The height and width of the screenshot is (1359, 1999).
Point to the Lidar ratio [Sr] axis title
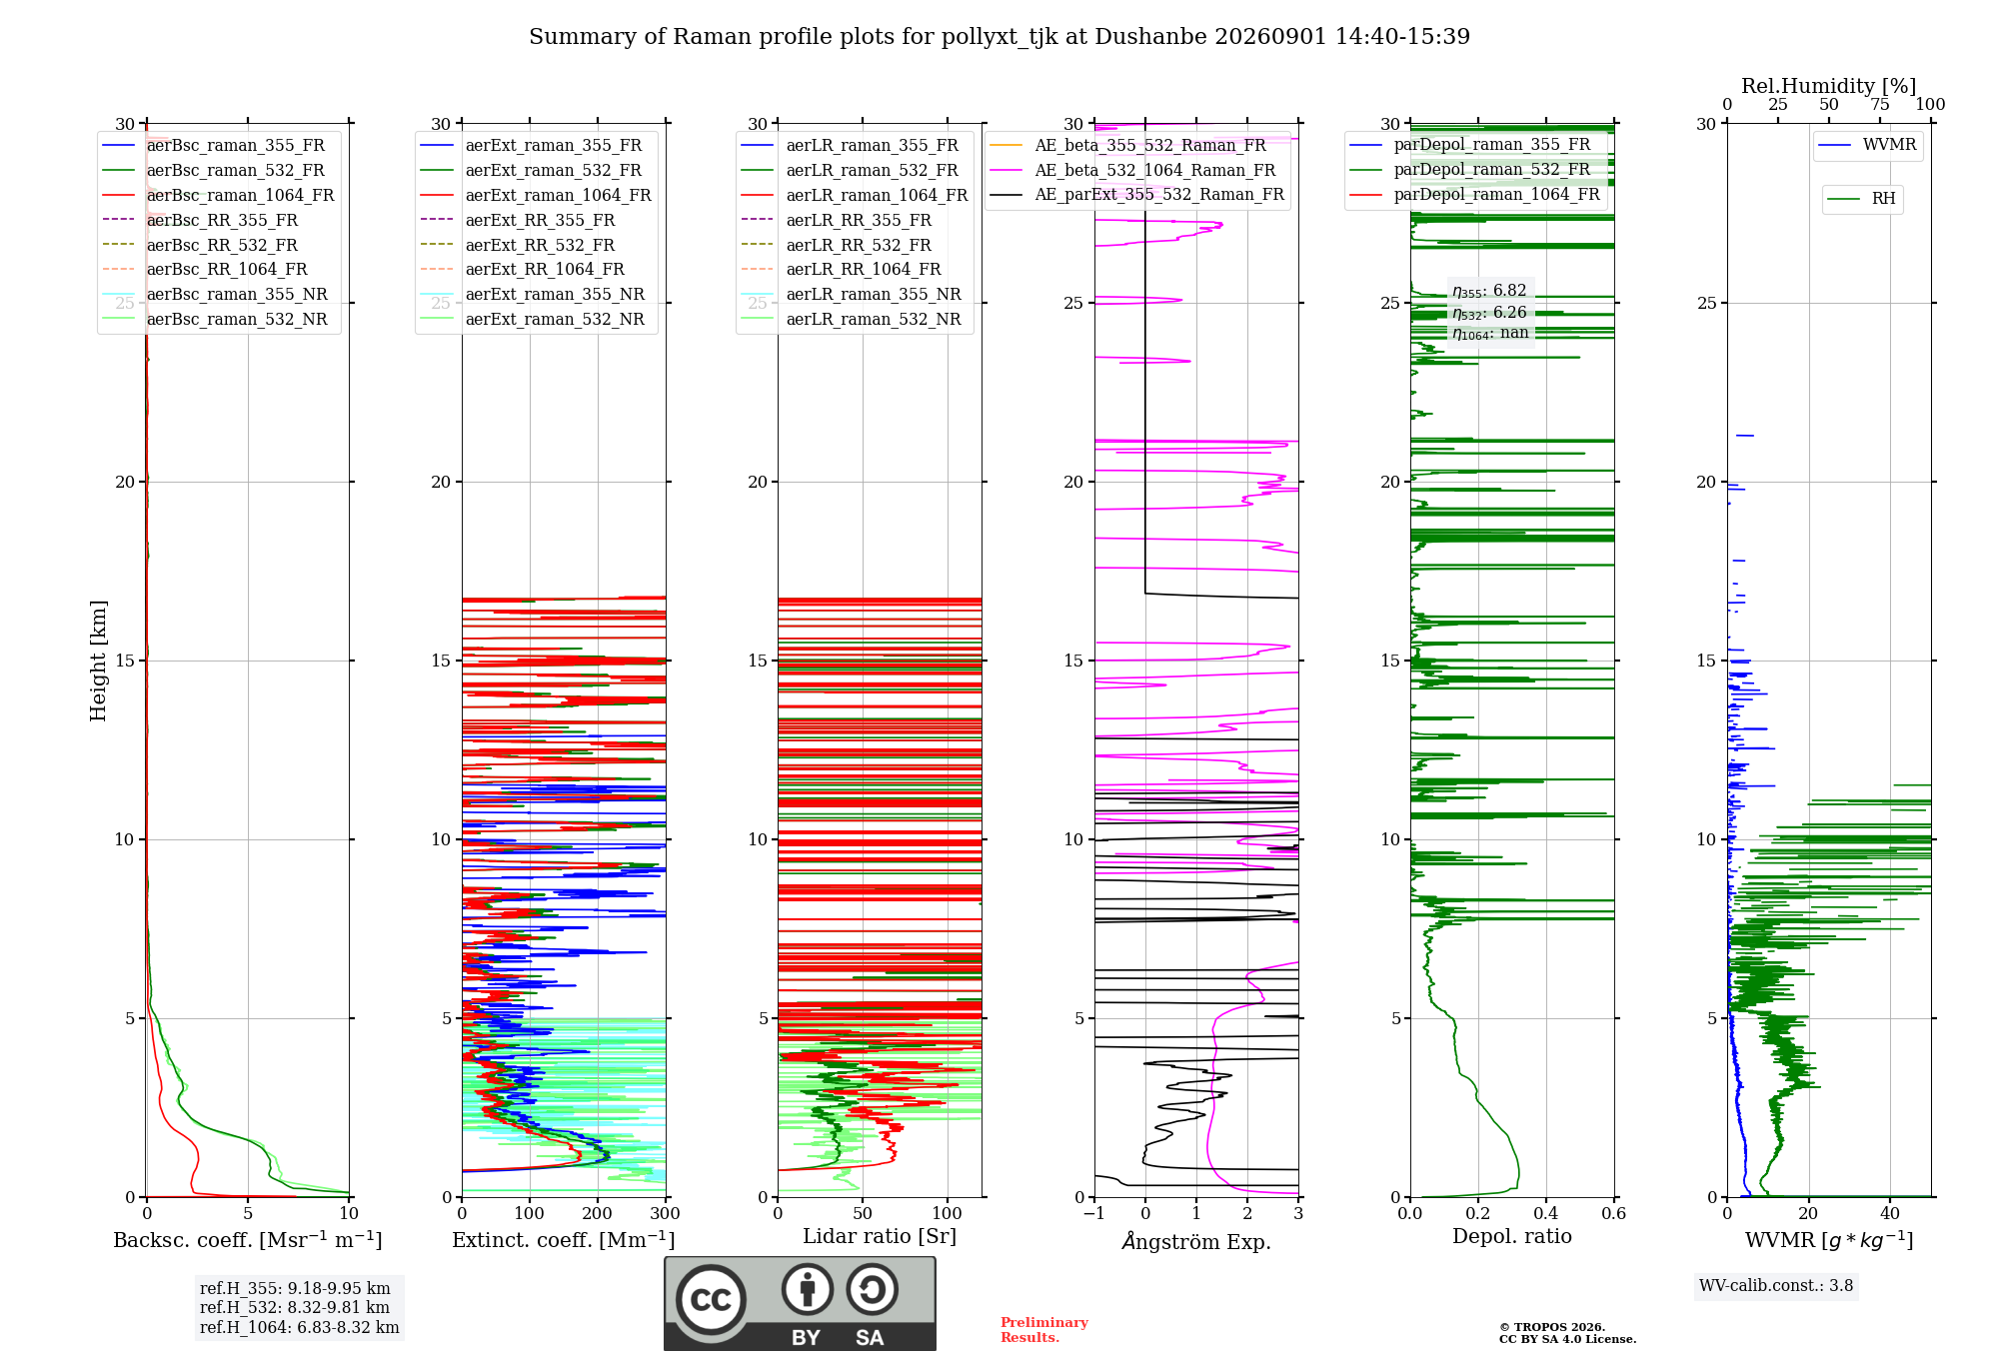coord(880,1237)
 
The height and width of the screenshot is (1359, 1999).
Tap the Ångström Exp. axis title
coord(1196,1241)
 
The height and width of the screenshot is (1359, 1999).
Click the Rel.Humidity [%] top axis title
coord(1829,86)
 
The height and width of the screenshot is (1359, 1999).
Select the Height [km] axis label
coord(98,661)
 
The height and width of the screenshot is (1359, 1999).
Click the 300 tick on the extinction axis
coord(665,1214)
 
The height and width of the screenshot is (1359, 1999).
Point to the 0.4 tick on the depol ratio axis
coord(1545,1214)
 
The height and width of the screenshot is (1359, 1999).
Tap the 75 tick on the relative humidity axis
coord(1880,105)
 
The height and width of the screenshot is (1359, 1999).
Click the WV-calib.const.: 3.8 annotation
coord(1776,1286)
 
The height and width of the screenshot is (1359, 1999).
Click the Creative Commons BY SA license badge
coord(800,1304)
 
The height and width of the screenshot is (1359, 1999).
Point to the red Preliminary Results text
coord(1044,1330)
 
